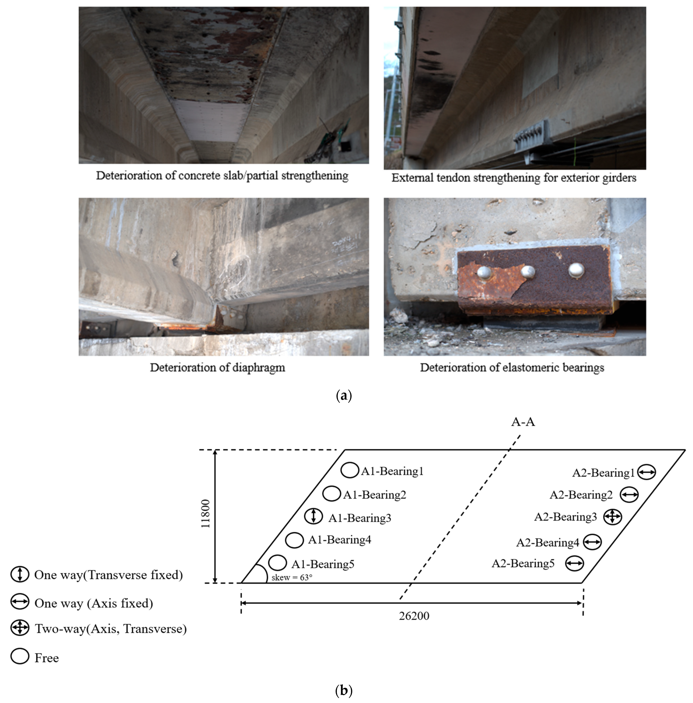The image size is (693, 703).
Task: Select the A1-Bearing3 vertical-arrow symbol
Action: pos(313,516)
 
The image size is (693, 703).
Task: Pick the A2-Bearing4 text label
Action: pos(548,543)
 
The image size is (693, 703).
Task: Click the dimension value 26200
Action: pos(414,616)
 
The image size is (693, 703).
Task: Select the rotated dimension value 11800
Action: pos(206,513)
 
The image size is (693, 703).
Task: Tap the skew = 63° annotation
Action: pos(292,578)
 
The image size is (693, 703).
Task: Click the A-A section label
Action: pos(523,422)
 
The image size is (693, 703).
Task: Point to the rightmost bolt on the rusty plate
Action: pos(576,270)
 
